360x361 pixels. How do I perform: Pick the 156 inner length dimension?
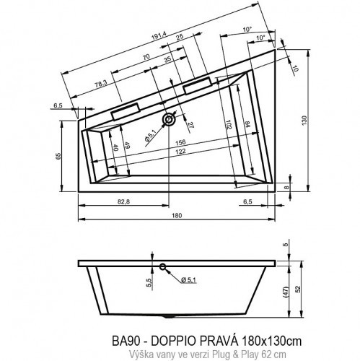tap(173, 142)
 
